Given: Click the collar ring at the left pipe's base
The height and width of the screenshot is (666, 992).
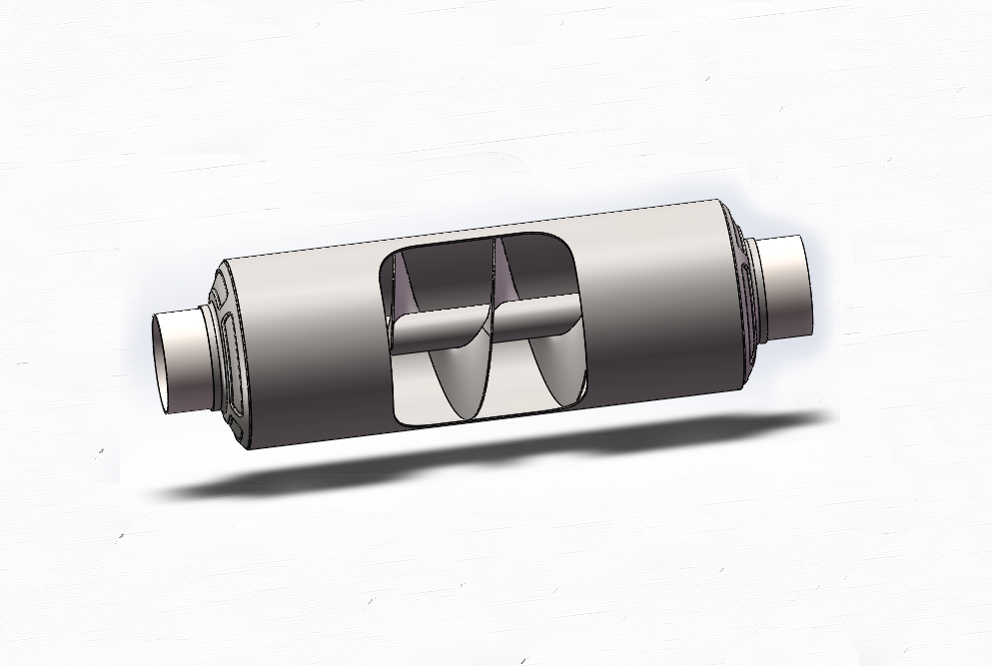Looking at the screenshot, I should (208, 356).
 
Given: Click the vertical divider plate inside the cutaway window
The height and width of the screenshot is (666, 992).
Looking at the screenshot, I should (492, 330).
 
